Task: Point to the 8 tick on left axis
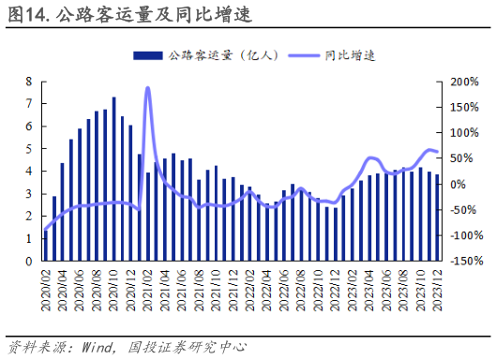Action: [30, 82]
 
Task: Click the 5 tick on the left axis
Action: [30, 149]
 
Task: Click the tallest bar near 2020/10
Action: [114, 178]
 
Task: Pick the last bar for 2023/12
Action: [437, 217]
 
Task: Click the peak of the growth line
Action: [148, 88]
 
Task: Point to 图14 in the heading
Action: [25, 15]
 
